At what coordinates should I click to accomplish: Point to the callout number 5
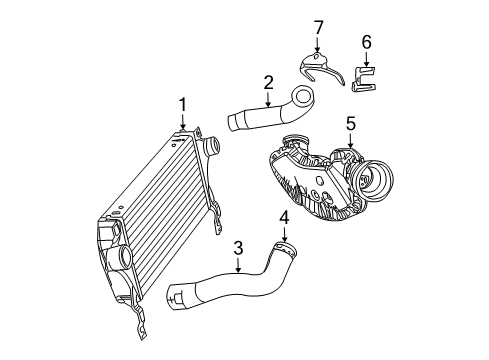click(351, 124)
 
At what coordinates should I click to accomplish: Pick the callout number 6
click(366, 43)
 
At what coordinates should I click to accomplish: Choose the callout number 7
click(318, 24)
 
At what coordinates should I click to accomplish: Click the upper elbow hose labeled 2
click(270, 114)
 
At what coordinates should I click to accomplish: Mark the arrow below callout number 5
click(351, 141)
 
